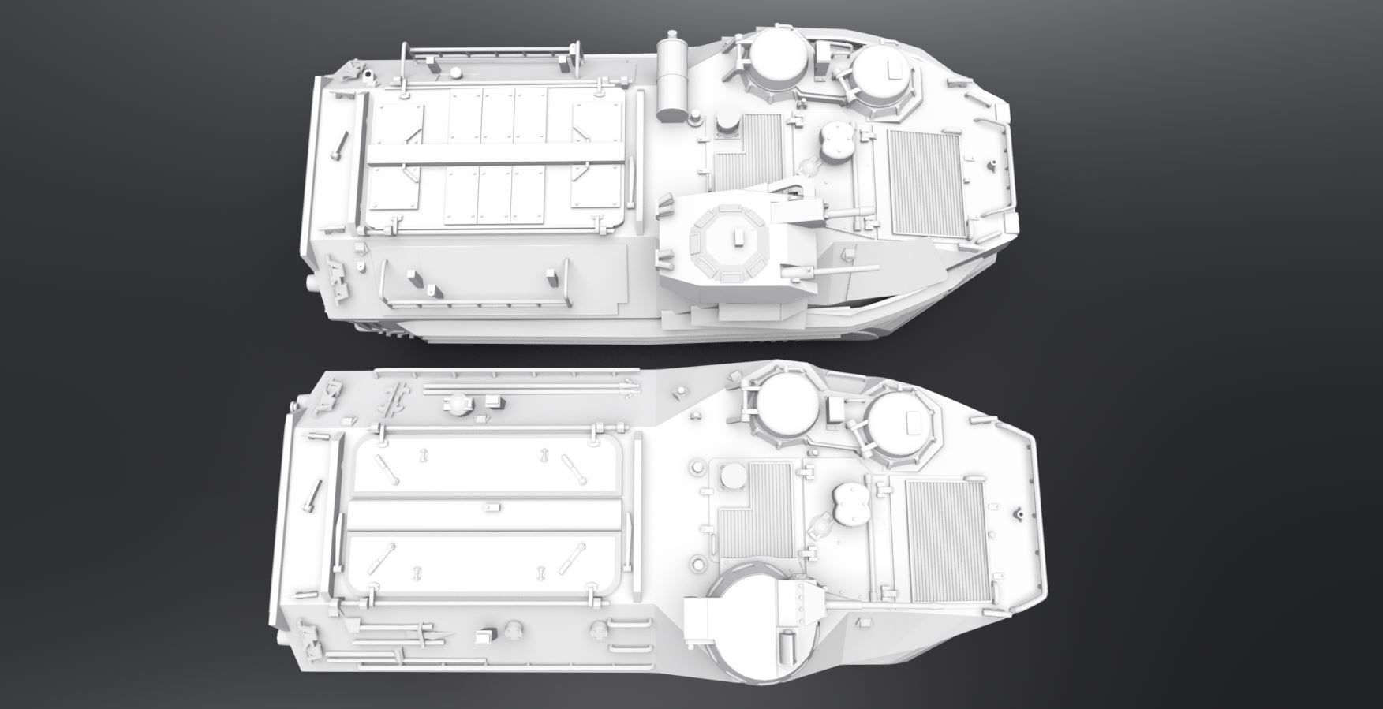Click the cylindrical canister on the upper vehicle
click(x=673, y=76)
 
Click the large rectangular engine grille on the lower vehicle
click(x=944, y=539)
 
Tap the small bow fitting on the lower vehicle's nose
click(x=1022, y=514)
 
